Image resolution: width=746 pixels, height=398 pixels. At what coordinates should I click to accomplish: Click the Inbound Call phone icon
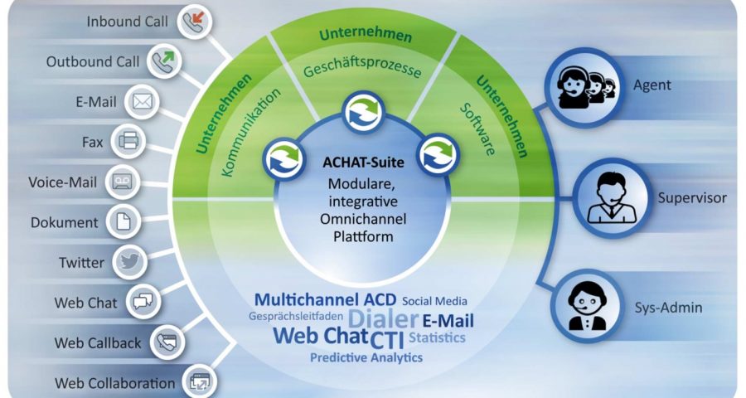194,22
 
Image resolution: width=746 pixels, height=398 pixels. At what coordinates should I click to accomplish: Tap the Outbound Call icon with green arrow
164,61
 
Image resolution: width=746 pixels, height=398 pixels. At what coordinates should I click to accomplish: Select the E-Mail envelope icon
142,101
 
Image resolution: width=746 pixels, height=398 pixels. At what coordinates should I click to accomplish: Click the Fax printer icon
128,142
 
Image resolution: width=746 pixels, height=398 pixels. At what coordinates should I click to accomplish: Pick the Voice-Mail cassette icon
123,182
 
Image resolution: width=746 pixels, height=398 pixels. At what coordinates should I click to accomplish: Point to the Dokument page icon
124,222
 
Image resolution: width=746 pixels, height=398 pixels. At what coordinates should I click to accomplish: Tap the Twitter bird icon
130,262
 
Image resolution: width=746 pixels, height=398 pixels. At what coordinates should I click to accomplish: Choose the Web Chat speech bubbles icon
143,302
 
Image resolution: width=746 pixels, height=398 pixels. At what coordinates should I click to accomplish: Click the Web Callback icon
167,342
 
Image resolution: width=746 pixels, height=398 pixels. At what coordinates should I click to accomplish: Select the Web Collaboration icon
199,381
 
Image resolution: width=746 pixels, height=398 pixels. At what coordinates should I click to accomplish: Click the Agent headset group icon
584,86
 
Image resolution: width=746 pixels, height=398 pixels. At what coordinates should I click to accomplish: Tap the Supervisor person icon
612,198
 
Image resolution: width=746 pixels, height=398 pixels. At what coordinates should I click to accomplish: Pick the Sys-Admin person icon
588,306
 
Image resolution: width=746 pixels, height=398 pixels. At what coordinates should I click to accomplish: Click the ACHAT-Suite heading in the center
364,163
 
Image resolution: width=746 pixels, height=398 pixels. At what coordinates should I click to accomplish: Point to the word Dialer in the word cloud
383,318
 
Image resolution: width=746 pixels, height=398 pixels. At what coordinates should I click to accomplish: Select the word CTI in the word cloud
387,340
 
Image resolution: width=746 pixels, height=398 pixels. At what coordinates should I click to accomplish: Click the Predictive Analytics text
366,357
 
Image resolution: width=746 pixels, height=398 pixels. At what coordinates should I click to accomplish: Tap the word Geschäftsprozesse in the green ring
362,68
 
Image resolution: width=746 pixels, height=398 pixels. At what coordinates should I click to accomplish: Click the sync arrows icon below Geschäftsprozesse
364,114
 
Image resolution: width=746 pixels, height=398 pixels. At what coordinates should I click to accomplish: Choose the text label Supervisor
692,198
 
